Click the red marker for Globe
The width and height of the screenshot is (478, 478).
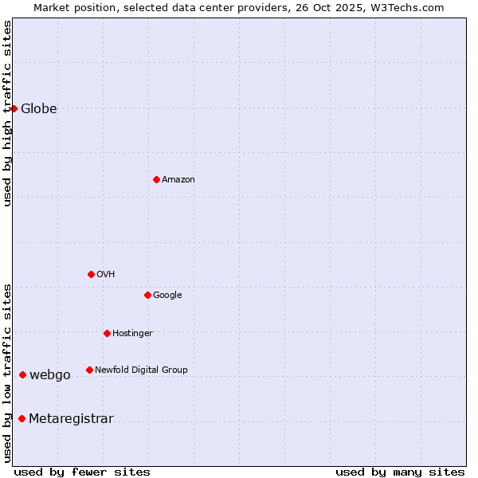click(x=14, y=108)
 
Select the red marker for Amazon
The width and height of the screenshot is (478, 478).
click(x=156, y=179)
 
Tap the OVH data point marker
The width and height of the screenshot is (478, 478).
click(x=91, y=274)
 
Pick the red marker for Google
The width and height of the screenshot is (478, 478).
click(x=147, y=295)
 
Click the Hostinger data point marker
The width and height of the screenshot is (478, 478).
click(x=107, y=333)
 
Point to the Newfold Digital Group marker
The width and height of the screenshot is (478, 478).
click(x=89, y=370)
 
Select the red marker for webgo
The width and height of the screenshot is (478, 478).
click(x=22, y=374)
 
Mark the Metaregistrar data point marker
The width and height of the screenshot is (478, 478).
click(x=22, y=419)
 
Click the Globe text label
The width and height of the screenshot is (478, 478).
click(x=39, y=109)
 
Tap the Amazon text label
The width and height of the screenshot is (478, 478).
click(x=178, y=180)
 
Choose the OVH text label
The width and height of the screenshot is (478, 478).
click(x=106, y=275)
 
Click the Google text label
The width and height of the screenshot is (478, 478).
click(x=167, y=296)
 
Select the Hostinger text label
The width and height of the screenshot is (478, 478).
click(x=132, y=334)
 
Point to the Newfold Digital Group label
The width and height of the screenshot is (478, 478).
click(x=141, y=370)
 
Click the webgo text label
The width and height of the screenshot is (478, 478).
click(x=50, y=375)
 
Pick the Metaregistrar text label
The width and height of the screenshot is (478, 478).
click(x=71, y=419)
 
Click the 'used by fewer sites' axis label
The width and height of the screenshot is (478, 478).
click(x=82, y=472)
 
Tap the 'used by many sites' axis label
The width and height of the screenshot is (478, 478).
click(x=400, y=472)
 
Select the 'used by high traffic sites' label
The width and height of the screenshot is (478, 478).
click(x=7, y=113)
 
